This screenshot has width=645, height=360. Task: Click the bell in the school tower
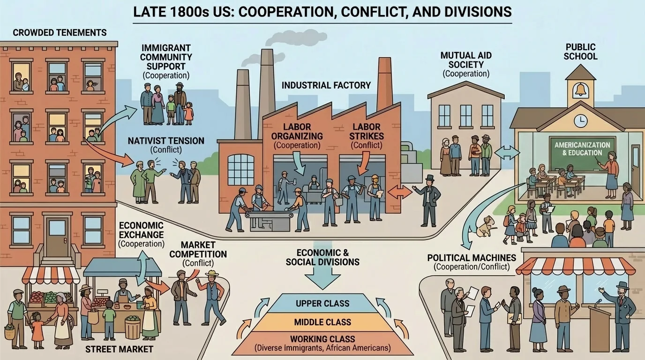[581, 90]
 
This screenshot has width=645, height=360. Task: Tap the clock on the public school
[580, 120]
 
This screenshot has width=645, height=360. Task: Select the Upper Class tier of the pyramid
[322, 303]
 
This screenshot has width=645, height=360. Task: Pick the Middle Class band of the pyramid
[322, 322]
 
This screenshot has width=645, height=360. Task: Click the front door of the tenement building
[58, 237]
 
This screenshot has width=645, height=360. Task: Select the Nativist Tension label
[166, 141]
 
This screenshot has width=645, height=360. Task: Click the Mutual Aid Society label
[466, 60]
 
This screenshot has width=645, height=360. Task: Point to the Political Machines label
[472, 258]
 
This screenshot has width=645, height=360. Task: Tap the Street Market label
[119, 349]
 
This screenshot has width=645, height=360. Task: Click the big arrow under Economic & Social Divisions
[322, 278]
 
